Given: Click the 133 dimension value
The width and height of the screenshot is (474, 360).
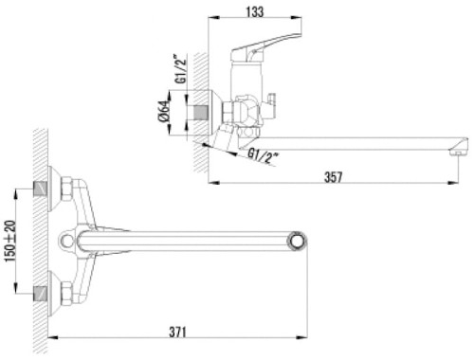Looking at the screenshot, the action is pos(255,11).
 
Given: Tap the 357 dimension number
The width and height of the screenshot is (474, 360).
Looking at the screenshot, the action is pos(333,177).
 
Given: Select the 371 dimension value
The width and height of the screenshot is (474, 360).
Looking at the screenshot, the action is pos(177,332).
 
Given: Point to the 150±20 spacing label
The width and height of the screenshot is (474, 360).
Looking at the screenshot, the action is pos(10,241).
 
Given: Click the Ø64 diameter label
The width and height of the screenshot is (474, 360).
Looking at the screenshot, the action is pos(163,112).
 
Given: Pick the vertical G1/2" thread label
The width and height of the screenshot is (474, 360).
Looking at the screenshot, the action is pos(181,68).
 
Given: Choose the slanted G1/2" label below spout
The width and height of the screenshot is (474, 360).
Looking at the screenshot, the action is pos(263,156).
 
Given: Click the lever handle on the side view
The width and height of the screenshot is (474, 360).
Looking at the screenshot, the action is pos(265,47).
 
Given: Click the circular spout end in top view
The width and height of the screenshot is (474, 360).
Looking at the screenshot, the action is pos(297,242).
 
